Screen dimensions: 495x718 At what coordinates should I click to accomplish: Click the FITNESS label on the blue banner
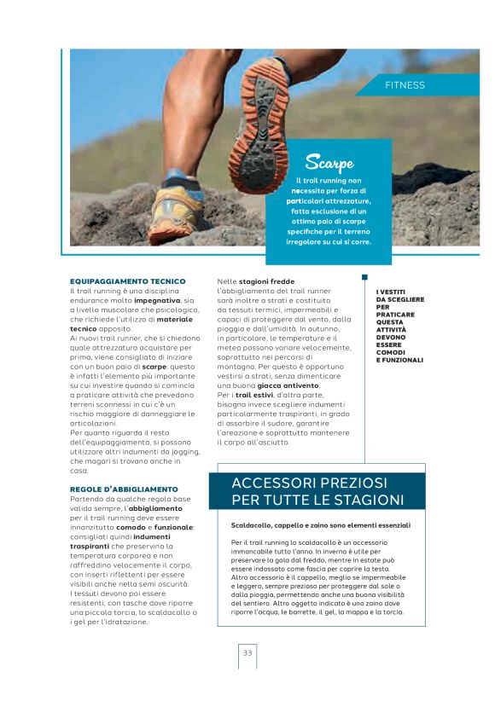coord(405,85)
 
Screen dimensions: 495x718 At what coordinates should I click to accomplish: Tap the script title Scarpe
coord(329,162)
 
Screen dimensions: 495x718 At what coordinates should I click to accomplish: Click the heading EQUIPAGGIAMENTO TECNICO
coord(127,281)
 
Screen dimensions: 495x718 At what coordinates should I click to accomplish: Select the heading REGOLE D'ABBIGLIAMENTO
coord(124,489)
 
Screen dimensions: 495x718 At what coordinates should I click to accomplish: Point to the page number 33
coord(247,653)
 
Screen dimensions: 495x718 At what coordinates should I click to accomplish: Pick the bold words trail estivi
coord(255,396)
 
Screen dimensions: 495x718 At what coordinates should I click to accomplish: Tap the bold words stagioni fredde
coord(266,281)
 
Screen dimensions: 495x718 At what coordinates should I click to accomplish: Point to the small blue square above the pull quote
coord(364,277)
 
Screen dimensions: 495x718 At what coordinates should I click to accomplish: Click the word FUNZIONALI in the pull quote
coord(399,360)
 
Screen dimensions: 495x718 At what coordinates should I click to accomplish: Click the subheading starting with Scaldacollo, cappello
coord(320,525)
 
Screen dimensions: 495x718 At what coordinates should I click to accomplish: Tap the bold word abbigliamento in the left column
coord(155,508)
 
